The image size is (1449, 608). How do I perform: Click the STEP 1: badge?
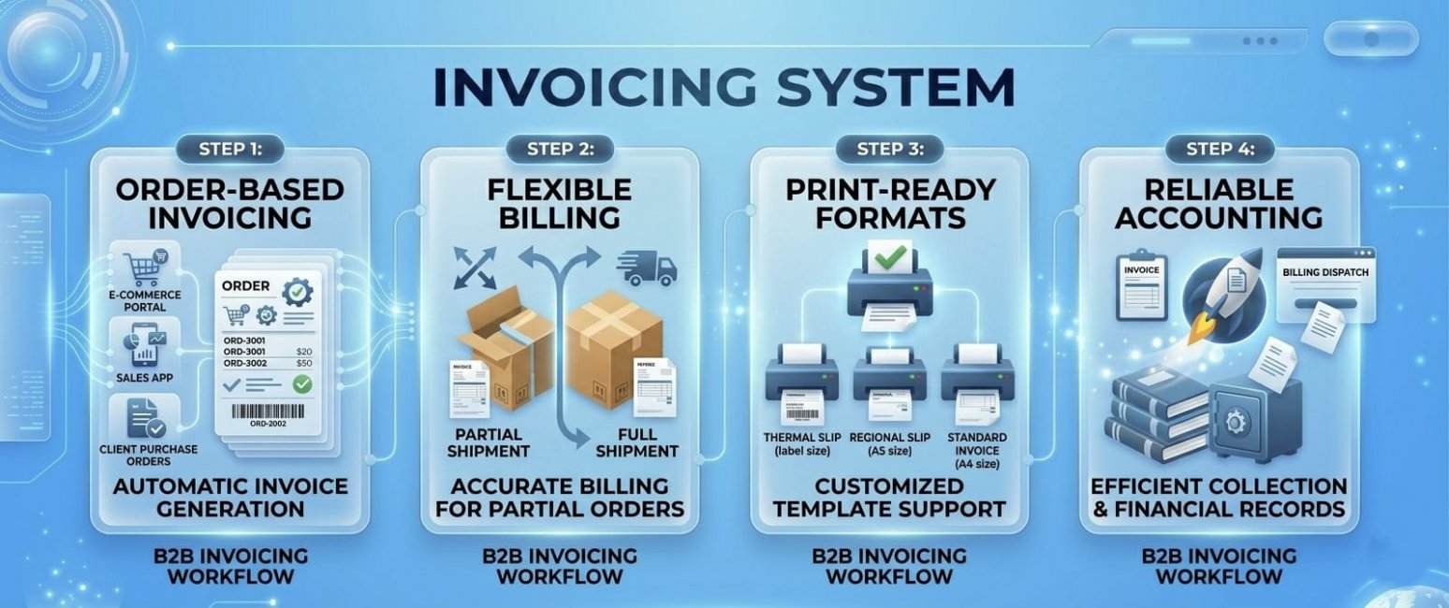(x=229, y=149)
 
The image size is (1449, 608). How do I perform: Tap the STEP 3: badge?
(x=889, y=149)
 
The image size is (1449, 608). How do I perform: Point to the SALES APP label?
(x=141, y=378)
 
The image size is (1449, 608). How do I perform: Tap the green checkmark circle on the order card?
(x=301, y=384)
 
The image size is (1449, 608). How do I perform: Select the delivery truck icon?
(x=647, y=268)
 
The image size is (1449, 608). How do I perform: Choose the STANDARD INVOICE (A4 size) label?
(x=977, y=450)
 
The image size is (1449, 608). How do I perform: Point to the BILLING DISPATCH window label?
(x=1325, y=272)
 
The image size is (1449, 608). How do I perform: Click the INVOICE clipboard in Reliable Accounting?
(x=1141, y=284)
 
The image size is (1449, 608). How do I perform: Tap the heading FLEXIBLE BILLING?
(x=560, y=204)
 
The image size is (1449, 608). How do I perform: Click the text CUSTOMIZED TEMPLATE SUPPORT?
(x=888, y=499)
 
